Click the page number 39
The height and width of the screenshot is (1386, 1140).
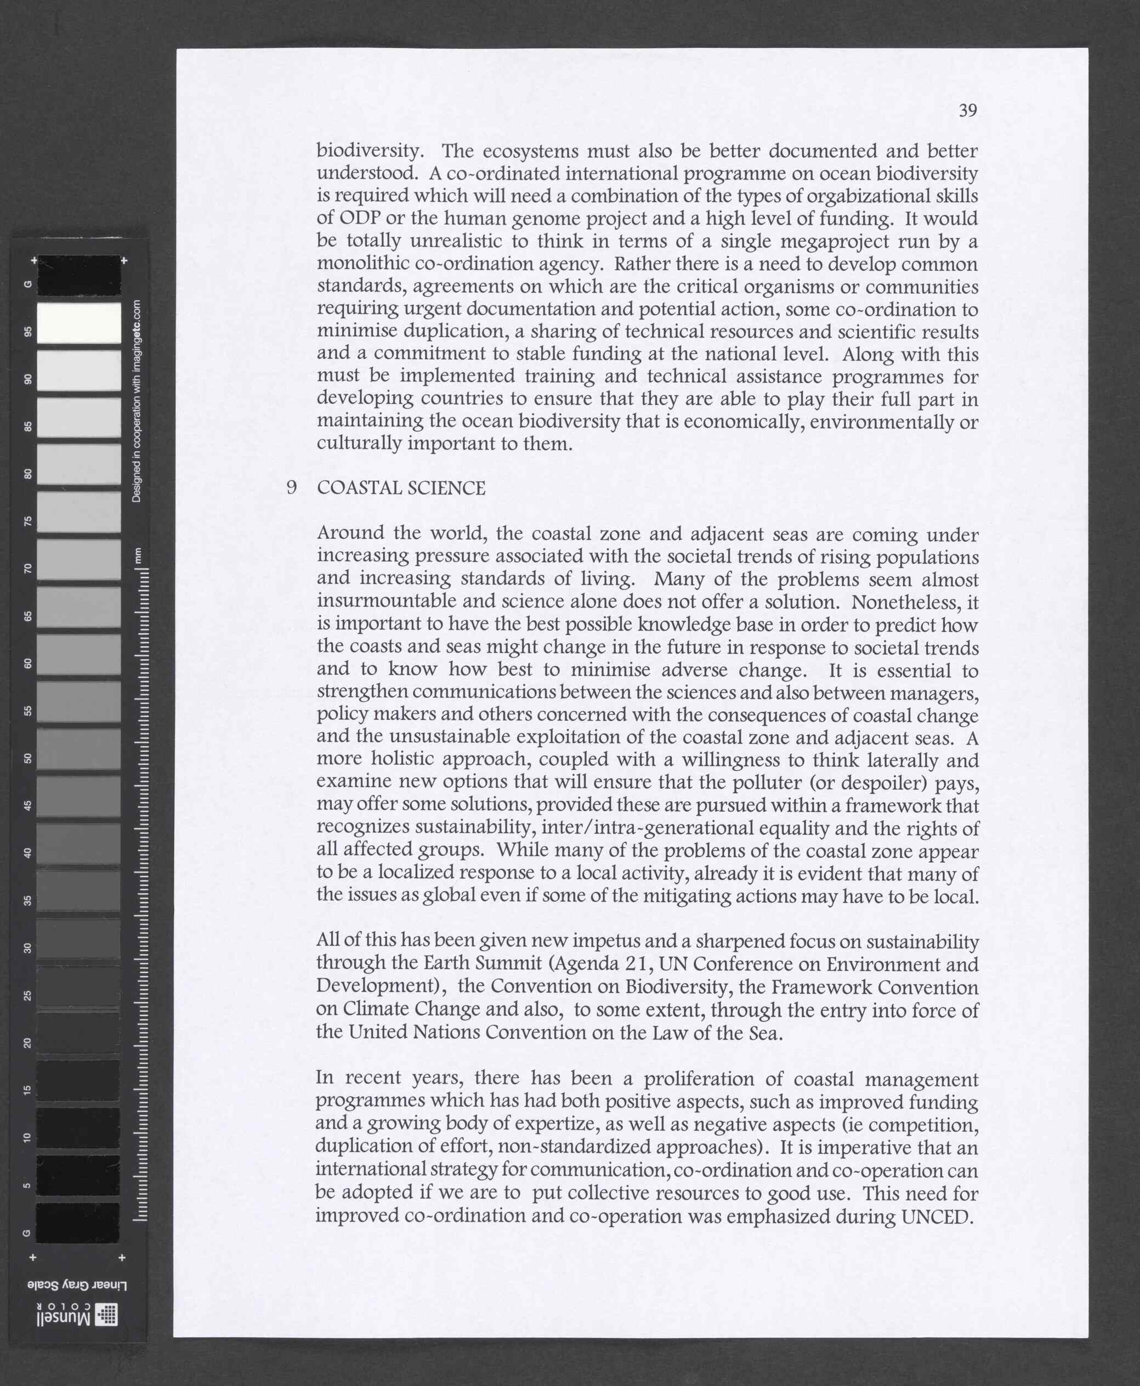point(967,110)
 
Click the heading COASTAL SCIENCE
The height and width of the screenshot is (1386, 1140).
point(401,488)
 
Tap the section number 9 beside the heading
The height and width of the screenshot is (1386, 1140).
point(292,488)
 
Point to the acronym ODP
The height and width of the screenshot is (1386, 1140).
point(360,218)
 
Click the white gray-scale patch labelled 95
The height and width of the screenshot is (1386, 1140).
point(79,322)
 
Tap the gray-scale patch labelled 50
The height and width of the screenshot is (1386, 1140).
point(79,749)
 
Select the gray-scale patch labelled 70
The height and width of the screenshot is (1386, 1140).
point(79,559)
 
